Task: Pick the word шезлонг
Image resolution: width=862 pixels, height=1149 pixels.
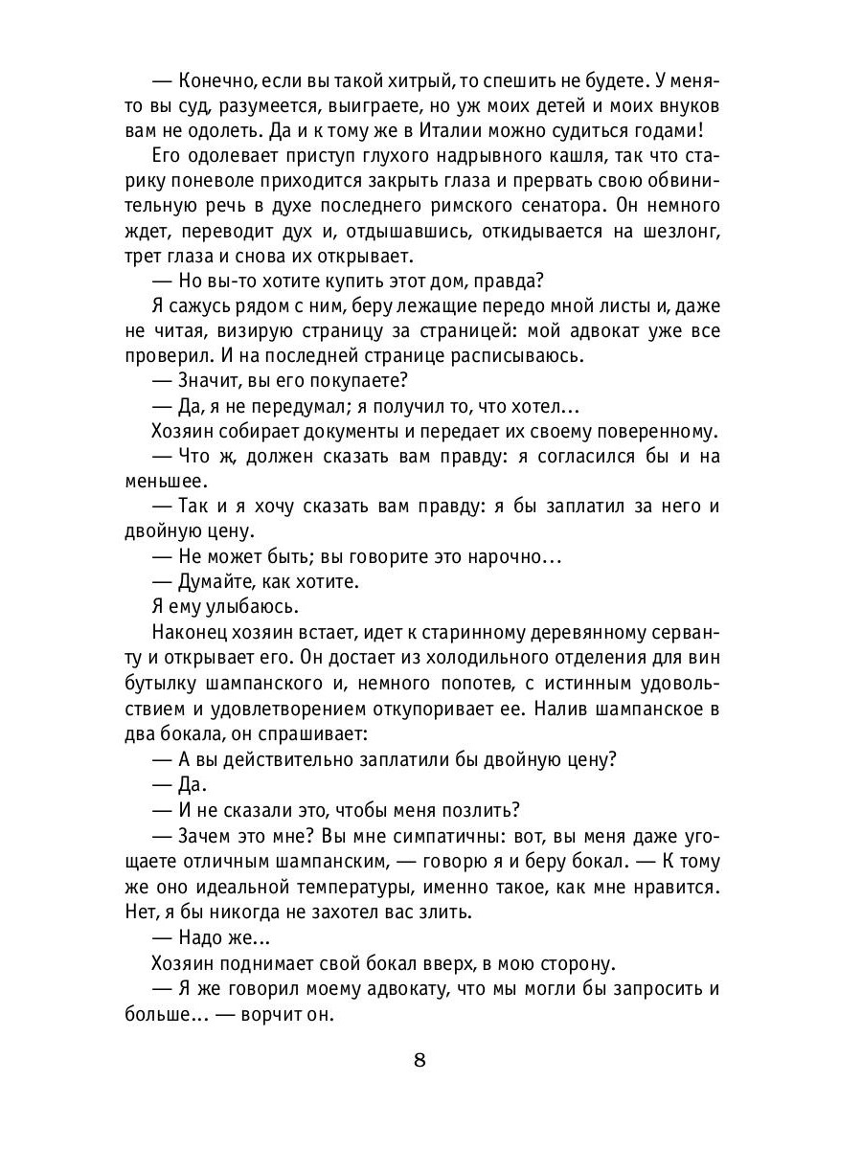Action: click(x=674, y=231)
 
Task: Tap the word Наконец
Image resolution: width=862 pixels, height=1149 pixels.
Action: click(x=194, y=630)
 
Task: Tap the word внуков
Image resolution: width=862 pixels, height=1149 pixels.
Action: click(x=676, y=106)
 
